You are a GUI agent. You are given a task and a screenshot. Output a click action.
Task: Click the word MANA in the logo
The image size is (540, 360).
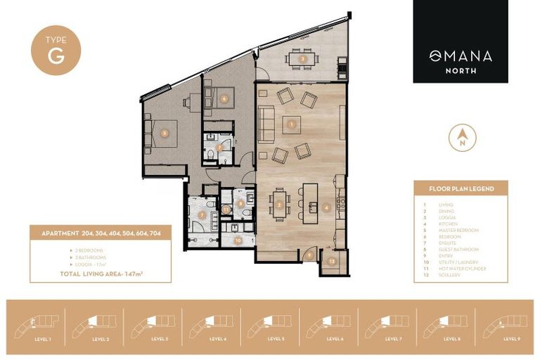(x=468, y=56)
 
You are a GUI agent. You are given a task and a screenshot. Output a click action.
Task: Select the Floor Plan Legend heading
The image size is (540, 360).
(x=461, y=189)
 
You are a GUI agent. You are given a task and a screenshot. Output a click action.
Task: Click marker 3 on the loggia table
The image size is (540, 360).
(x=302, y=59)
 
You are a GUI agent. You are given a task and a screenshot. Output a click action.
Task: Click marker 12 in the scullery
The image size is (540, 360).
(x=332, y=261)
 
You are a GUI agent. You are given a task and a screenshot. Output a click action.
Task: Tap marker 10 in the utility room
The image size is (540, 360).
(x=239, y=240)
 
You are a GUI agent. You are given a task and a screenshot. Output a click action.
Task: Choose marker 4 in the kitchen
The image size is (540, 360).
(x=326, y=207)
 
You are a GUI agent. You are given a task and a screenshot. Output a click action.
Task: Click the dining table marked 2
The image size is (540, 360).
(x=280, y=205)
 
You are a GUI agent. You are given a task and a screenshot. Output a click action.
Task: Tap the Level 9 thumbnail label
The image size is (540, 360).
(x=512, y=338)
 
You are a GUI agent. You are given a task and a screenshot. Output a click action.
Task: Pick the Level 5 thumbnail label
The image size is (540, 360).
(x=275, y=338)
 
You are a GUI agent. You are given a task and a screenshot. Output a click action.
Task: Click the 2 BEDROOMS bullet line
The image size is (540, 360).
(x=86, y=250)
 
